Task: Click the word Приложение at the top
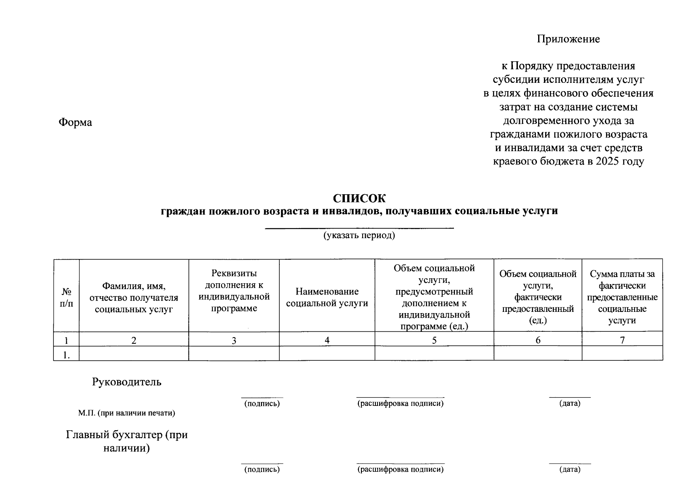568,39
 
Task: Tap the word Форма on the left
75,123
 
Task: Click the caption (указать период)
359,236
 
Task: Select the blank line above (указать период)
359,228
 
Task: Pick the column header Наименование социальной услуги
327,297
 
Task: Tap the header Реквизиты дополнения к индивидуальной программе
234,291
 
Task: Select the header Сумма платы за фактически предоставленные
622,297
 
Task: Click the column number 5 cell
434,340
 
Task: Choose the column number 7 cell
622,340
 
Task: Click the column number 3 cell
234,340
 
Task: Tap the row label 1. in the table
66,354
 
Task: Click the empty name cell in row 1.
134,353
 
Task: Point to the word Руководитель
127,382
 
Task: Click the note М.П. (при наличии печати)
127,413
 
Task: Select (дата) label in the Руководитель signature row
570,403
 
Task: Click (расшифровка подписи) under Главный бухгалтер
400,469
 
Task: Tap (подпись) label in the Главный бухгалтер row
262,469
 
